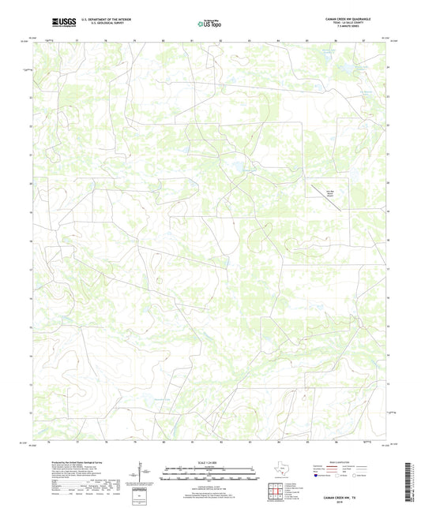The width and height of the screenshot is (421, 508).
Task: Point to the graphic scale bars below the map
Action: pos(209,476)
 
